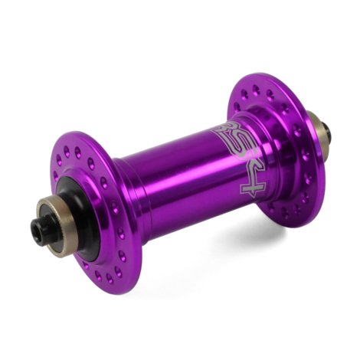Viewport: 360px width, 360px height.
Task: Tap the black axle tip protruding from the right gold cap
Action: [x=326, y=132]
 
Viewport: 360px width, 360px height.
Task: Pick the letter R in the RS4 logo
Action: [x=222, y=129]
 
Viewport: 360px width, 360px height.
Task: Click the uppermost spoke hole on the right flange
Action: [x=256, y=90]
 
